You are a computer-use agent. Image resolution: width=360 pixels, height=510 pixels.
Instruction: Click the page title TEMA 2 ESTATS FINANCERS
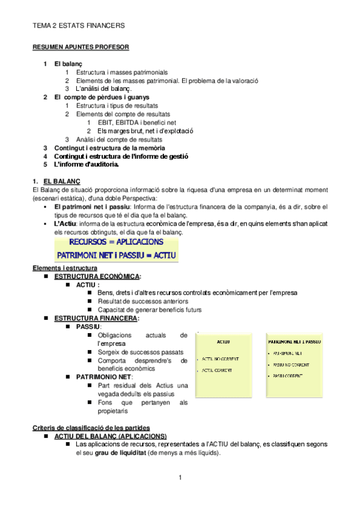(x=78, y=26)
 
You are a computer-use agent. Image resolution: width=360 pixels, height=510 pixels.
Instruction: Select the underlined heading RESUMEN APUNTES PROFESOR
(x=81, y=46)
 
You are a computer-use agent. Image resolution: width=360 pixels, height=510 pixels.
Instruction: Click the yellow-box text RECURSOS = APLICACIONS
(x=116, y=242)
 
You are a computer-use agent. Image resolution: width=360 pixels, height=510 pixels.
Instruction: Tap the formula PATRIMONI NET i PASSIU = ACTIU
(x=116, y=254)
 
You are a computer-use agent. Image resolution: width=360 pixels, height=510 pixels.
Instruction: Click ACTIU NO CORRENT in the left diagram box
(x=221, y=359)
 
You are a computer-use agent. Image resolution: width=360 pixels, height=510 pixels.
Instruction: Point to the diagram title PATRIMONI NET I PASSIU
(x=294, y=341)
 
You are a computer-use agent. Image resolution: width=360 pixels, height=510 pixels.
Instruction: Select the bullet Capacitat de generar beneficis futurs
(x=149, y=310)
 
